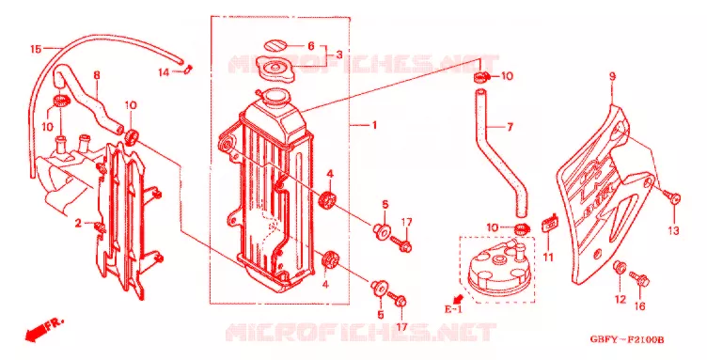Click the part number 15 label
tap(36, 49)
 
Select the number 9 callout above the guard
tap(612, 76)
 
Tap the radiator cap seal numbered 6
tap(275, 46)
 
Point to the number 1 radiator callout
tap(374, 125)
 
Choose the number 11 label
tap(548, 258)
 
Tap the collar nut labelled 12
tap(620, 267)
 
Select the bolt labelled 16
tap(639, 278)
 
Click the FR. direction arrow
tap(44, 330)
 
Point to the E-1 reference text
tap(453, 309)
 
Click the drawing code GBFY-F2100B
tap(628, 339)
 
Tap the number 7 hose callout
tap(510, 128)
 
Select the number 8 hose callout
tap(97, 75)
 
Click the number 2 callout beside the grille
tap(78, 223)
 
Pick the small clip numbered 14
tap(188, 69)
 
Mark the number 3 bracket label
tap(339, 55)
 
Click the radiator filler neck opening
tap(275, 96)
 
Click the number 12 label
tap(621, 299)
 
